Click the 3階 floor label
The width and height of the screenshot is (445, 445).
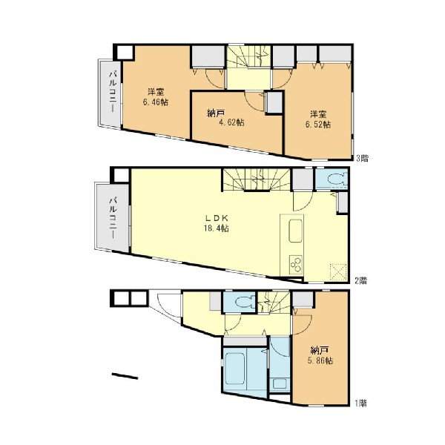point(363,159)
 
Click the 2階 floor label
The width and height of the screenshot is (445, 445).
point(361,280)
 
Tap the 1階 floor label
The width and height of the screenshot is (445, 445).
point(360,403)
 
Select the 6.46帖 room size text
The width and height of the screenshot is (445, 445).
point(155,102)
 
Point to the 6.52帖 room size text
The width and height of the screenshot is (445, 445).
point(318,125)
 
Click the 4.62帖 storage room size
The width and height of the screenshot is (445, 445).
point(232,122)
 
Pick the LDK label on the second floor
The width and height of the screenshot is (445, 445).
point(217,218)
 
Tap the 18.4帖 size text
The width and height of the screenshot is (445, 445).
point(216,228)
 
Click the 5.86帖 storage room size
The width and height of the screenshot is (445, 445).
point(320,360)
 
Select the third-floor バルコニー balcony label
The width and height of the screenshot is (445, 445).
point(113,92)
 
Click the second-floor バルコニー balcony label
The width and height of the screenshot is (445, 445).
point(113,218)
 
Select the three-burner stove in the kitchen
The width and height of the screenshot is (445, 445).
point(295,265)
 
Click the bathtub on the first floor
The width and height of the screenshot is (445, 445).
point(235,369)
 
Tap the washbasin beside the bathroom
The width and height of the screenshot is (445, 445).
point(280,384)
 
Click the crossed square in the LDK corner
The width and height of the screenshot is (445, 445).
point(338,272)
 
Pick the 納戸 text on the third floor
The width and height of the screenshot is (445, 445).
point(216,113)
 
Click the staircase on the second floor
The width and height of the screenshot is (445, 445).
point(257,179)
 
